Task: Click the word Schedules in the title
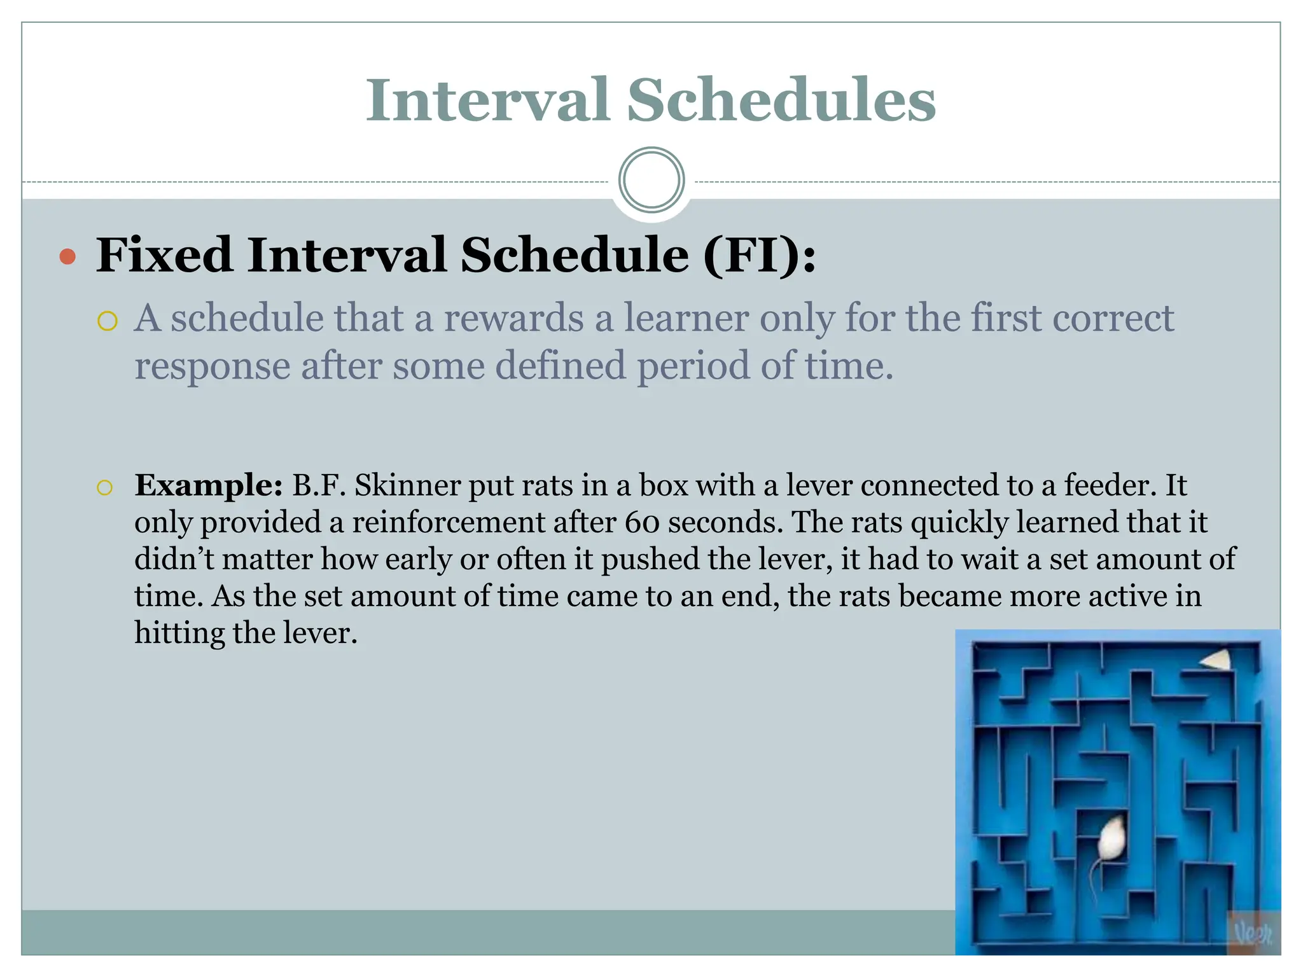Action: coord(781,100)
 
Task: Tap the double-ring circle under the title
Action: coord(651,180)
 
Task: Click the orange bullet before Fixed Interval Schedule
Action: coord(67,257)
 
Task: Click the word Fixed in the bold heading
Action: coord(164,256)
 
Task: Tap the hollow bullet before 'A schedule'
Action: coord(108,321)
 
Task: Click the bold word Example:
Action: coord(208,485)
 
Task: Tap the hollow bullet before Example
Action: coord(104,488)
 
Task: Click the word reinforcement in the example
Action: coord(447,523)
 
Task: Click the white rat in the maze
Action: coord(1112,839)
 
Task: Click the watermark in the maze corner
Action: coord(1252,933)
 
